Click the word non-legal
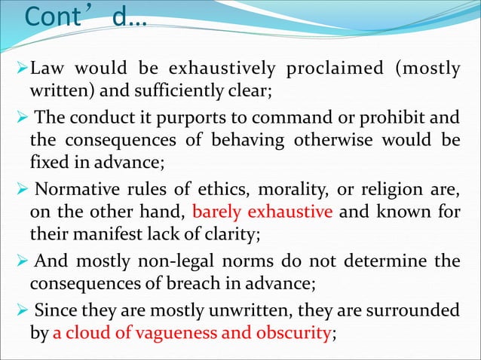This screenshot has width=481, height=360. click(x=189, y=260)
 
